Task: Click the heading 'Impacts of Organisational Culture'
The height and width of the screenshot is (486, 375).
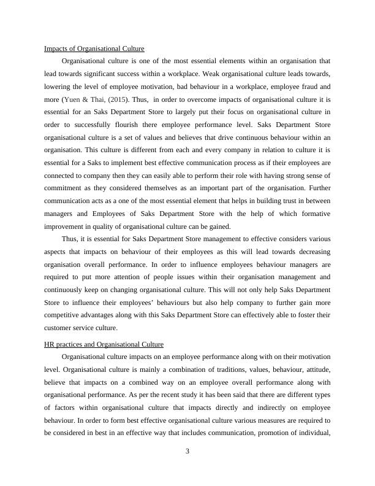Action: (94, 48)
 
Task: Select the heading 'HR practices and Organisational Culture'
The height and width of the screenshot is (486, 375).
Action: (104, 344)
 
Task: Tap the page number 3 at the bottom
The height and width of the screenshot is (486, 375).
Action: (187, 452)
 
